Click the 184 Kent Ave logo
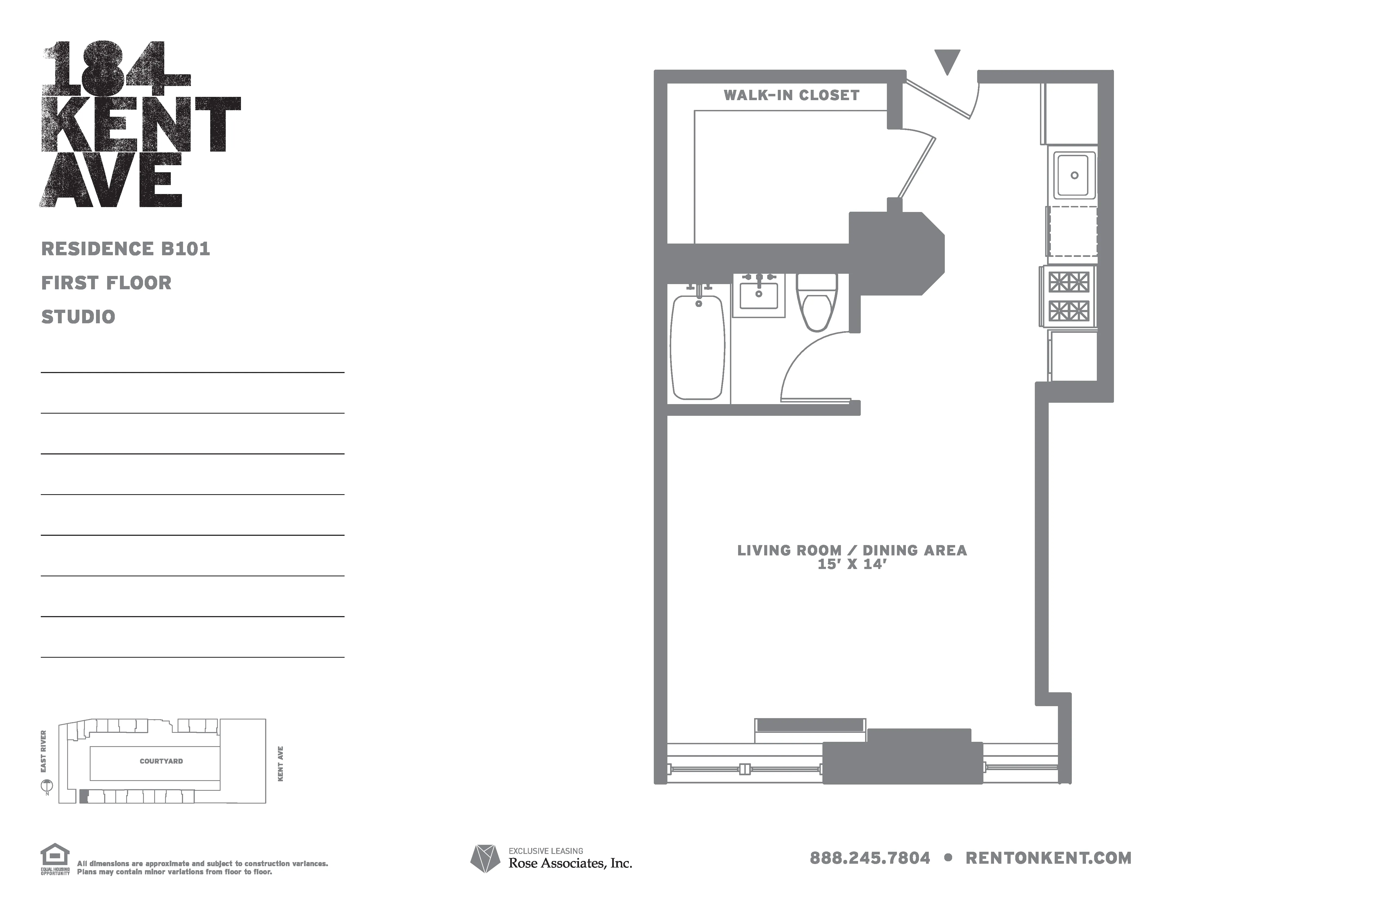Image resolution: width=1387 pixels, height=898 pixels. [140, 124]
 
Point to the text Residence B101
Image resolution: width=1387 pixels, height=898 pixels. [125, 249]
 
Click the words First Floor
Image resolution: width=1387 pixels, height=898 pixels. [106, 283]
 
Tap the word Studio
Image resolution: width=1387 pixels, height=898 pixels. [78, 317]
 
